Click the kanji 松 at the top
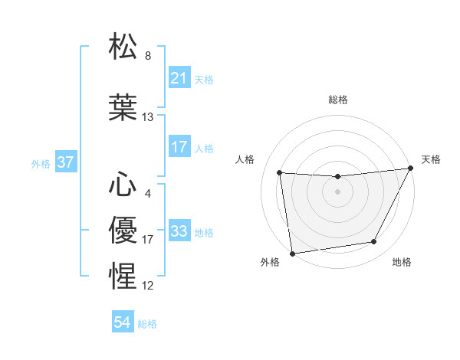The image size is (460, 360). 123,47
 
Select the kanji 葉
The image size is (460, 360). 123,106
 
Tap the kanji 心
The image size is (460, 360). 123,184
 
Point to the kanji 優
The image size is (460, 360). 123,228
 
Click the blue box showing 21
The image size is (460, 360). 179,78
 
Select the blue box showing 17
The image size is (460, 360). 179,147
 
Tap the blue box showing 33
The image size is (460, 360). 179,231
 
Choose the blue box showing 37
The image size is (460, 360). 65,163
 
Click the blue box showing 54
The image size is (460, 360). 122,322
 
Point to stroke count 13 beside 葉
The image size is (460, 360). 148,117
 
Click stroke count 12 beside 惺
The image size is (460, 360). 148,286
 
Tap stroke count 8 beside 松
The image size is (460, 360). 148,56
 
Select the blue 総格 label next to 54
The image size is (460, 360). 147,324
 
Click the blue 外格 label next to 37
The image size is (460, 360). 41,164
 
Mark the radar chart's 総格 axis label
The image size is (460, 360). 337,100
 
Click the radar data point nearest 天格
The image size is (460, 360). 411,169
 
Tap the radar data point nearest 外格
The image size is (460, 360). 292,253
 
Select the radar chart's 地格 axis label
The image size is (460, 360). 402,263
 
